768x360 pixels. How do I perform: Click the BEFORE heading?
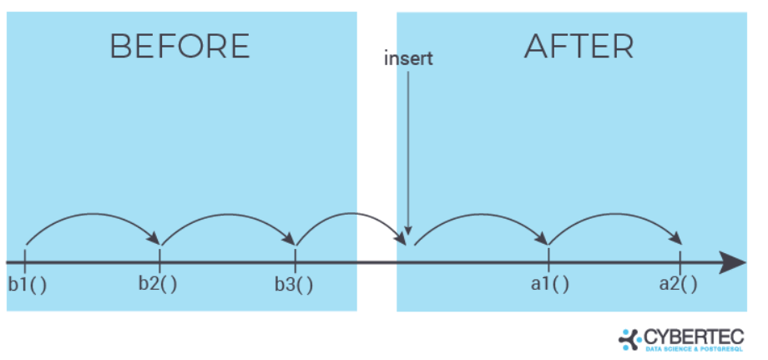click(179, 47)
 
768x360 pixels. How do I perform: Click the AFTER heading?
click(579, 47)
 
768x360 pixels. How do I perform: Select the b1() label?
click(27, 284)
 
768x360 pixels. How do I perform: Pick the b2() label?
click(158, 283)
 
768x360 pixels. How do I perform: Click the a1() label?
click(549, 284)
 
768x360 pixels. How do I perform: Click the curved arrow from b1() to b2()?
click(92, 215)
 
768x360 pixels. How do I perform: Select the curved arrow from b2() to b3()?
click(227, 215)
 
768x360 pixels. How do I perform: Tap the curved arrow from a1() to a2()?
click(614, 215)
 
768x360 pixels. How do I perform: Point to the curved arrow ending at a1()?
click(480, 215)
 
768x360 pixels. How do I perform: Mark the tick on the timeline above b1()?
click(25, 255)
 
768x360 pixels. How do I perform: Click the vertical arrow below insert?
click(407, 150)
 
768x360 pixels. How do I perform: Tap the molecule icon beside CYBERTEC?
click(629, 338)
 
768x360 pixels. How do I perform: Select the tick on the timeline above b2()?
click(160, 255)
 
